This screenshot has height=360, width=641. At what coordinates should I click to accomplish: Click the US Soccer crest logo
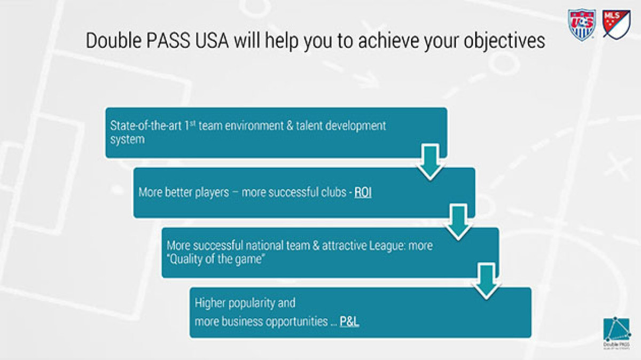point(582,25)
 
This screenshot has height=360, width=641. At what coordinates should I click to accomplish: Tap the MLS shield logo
point(616,24)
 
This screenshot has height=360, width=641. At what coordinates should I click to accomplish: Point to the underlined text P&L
point(349,322)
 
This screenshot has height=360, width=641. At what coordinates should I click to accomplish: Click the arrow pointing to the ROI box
point(429,162)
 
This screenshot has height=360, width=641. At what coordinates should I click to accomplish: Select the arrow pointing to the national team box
point(458,221)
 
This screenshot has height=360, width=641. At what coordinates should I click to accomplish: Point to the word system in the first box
point(127,139)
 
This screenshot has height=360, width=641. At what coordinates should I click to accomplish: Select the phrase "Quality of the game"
point(216,260)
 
